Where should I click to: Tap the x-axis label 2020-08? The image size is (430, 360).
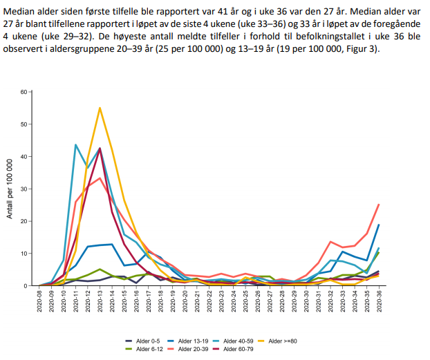(39, 301)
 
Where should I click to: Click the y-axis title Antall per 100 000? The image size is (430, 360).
(10, 189)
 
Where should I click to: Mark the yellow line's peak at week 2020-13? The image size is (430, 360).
(100, 108)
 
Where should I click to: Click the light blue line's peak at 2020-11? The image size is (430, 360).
(75, 144)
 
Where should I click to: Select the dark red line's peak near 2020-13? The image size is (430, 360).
(100, 148)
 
